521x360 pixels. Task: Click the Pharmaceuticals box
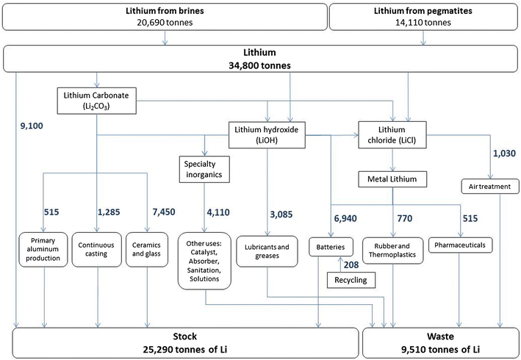pos(461,243)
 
